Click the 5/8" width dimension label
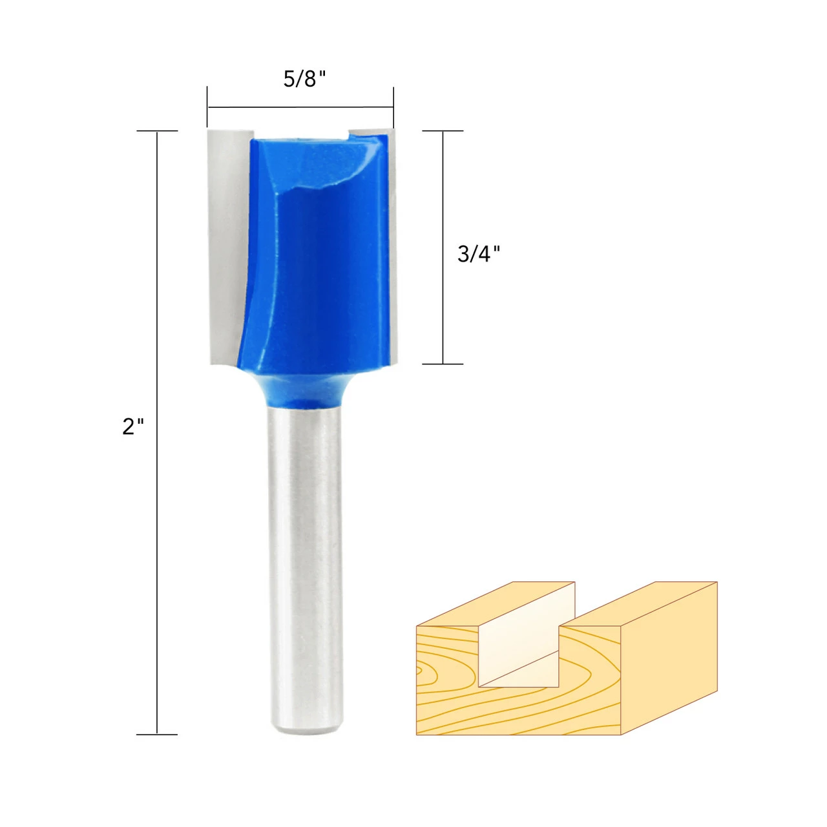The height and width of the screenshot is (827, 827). pyautogui.click(x=304, y=79)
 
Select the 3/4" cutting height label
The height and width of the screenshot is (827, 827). pyautogui.click(x=479, y=253)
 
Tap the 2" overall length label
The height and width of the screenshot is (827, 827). pyautogui.click(x=133, y=426)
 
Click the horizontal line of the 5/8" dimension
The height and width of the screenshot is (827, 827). pyautogui.click(x=300, y=107)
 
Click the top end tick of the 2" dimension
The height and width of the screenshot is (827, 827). pyautogui.click(x=157, y=131)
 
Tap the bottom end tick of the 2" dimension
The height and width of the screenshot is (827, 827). pyautogui.click(x=157, y=734)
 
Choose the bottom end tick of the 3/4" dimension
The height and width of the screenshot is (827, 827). pyautogui.click(x=443, y=364)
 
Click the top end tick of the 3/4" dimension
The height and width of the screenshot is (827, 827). pyautogui.click(x=443, y=131)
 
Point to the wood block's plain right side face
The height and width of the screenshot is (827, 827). pyautogui.click(x=669, y=665)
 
